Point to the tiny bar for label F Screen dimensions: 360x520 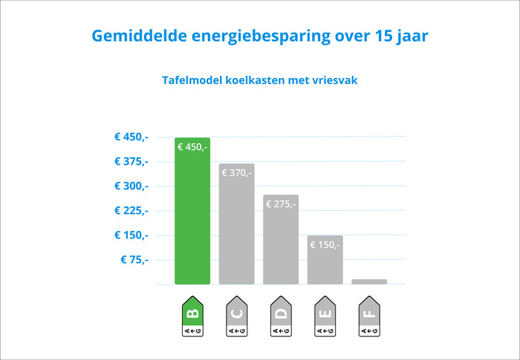(x=369, y=281)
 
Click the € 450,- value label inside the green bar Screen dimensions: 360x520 (x=192, y=147)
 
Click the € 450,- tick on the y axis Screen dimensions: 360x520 (x=131, y=137)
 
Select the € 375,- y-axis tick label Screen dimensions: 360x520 (x=131, y=161)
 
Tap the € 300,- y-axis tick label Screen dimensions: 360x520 (x=131, y=186)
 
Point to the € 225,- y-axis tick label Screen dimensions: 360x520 (x=131, y=210)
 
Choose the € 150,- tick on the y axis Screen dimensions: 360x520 (x=131, y=235)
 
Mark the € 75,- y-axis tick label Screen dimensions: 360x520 (x=134, y=259)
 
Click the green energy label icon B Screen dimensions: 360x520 (x=192, y=318)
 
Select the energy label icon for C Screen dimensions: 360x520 (x=236, y=318)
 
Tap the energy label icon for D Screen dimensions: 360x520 (x=281, y=318)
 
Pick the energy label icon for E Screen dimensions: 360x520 (x=325, y=318)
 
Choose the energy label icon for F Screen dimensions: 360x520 (x=369, y=318)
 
